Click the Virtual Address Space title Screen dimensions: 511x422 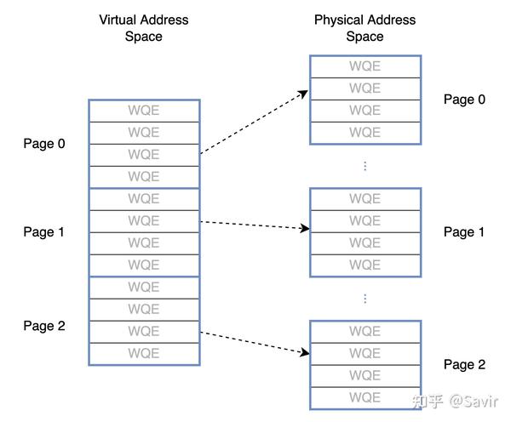(x=144, y=28)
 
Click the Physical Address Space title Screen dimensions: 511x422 (x=365, y=28)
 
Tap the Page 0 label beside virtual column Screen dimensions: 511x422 (x=44, y=144)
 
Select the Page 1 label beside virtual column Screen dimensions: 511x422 (x=43, y=232)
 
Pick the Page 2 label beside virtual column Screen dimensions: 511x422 (x=44, y=326)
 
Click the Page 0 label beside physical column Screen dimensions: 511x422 (x=464, y=100)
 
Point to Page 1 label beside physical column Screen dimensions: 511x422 (x=464, y=232)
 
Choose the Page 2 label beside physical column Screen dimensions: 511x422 (x=464, y=365)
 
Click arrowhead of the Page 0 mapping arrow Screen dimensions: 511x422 (x=304, y=94)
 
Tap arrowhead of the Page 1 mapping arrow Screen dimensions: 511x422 (x=306, y=228)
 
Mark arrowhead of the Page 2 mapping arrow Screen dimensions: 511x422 (x=306, y=352)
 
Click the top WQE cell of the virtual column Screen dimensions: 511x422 (x=144, y=111)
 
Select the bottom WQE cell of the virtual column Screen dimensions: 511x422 (x=144, y=354)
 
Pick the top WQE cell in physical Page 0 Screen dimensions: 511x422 (x=365, y=66)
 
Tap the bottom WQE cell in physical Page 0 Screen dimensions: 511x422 (x=365, y=133)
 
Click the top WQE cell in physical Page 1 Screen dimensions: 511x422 (x=365, y=199)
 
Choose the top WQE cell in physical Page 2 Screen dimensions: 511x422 (x=365, y=332)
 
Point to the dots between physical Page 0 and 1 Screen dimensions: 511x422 (x=365, y=166)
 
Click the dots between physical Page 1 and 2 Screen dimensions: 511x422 (x=365, y=299)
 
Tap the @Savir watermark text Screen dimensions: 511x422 (x=474, y=402)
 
